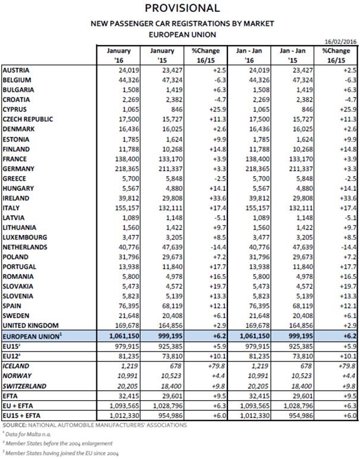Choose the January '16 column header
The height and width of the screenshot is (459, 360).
[x=117, y=55]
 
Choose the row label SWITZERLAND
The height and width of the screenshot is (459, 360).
[x=26, y=386]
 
